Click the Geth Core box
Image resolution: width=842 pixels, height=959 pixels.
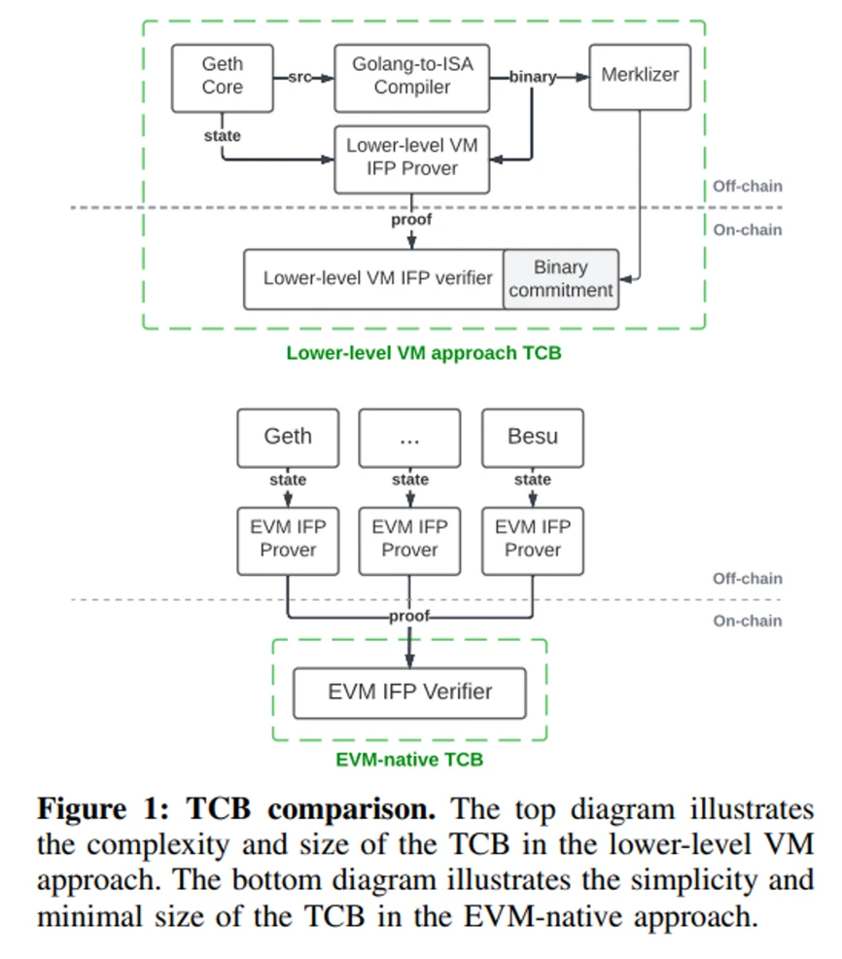click(222, 77)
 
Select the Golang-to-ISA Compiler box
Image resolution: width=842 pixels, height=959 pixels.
click(412, 77)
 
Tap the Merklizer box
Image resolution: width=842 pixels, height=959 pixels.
click(640, 76)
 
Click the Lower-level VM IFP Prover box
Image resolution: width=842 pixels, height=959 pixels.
click(412, 158)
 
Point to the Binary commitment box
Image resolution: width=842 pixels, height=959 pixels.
click(561, 279)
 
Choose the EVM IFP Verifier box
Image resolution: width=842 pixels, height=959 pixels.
click(409, 693)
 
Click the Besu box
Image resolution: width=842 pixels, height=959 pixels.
click(533, 437)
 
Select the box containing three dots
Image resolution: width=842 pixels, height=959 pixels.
click(409, 437)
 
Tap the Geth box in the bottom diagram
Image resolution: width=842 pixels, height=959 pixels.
click(288, 437)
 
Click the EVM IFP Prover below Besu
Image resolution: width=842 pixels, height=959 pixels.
click(533, 539)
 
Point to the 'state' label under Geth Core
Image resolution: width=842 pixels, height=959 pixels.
click(222, 136)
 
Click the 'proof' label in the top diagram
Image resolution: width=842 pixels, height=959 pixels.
click(410, 220)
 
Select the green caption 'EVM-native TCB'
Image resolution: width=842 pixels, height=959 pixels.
click(409, 760)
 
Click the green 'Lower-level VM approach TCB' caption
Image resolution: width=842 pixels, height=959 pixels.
click(424, 353)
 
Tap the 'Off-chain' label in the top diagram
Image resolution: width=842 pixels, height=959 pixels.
click(747, 187)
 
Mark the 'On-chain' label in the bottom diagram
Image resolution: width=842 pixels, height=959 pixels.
click(747, 622)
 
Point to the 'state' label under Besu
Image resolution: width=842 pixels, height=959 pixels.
click(533, 479)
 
